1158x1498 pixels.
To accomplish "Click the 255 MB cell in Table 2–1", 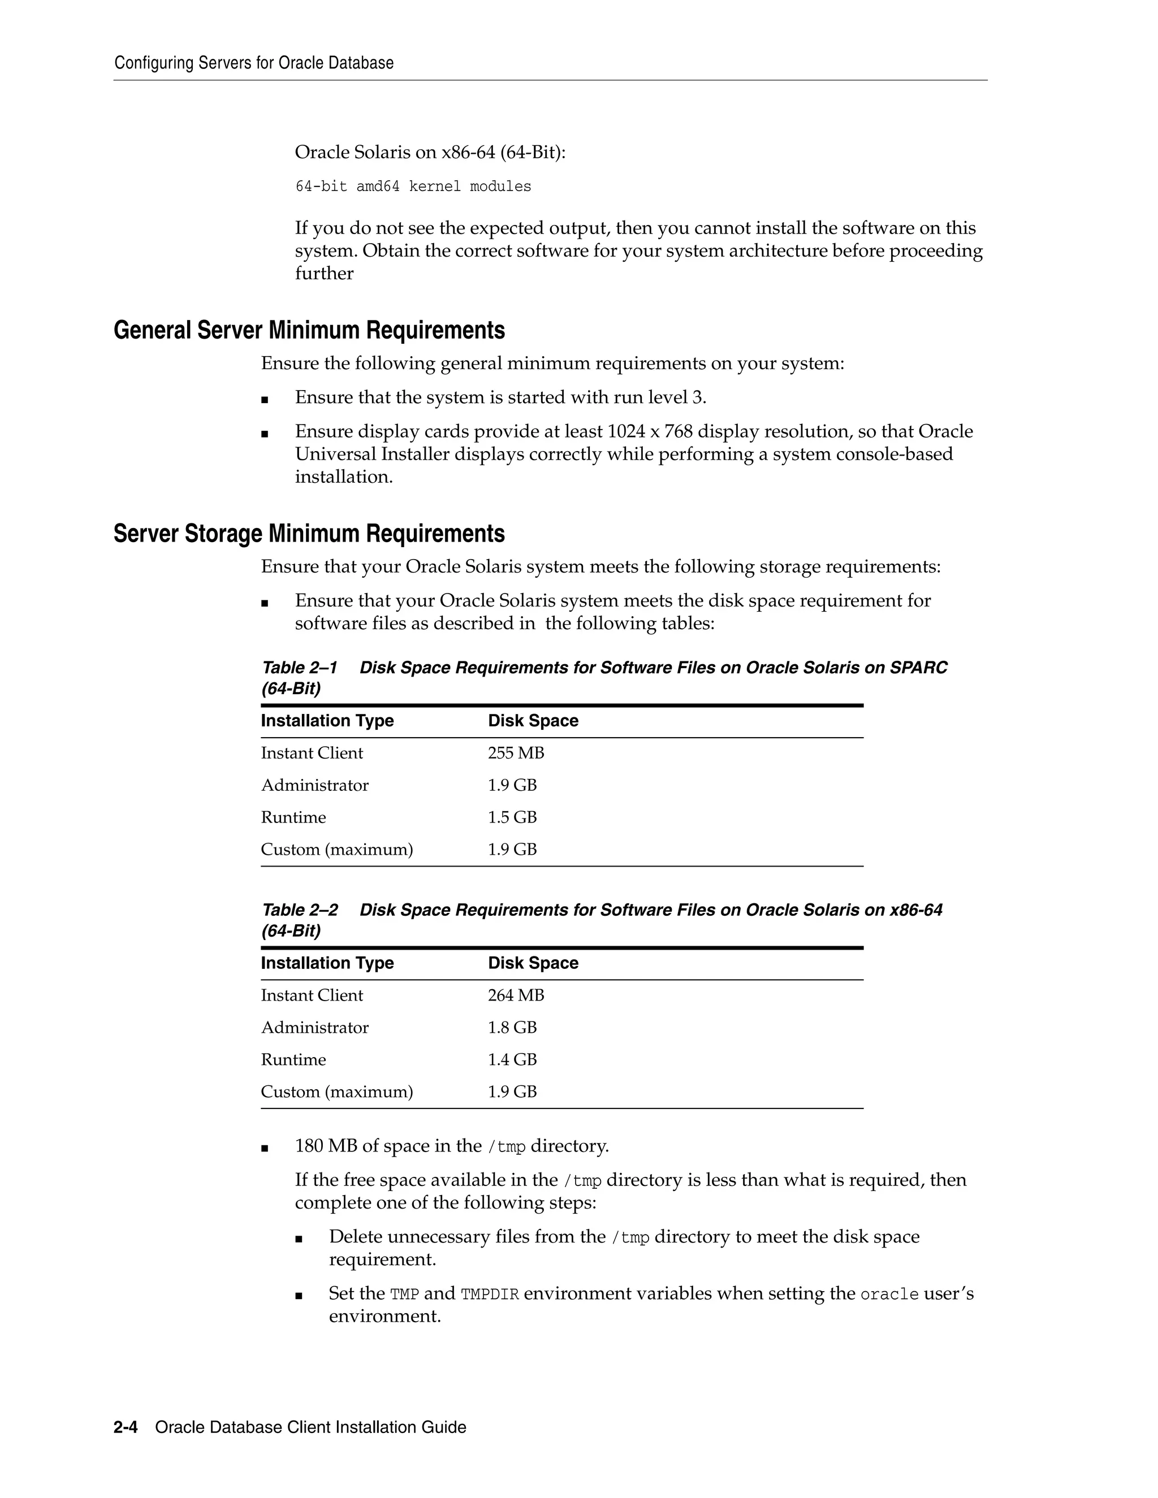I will (x=515, y=753).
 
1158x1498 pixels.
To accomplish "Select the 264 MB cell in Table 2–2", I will (x=515, y=995).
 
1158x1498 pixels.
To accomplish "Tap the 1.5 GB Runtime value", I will (x=512, y=817).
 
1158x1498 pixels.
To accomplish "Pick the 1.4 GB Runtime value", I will (x=512, y=1060).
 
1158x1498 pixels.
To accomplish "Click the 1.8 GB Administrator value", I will (x=512, y=1028).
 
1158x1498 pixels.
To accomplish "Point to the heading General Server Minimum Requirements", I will (x=309, y=331).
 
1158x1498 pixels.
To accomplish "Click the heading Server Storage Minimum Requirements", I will (x=309, y=534).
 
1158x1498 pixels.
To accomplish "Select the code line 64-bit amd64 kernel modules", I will (x=413, y=187).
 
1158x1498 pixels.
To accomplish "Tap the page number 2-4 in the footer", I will (x=126, y=1427).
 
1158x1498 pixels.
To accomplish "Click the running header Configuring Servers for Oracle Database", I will (x=254, y=63).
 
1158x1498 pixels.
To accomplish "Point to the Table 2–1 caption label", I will (x=300, y=668).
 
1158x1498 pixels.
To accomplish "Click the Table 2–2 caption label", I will (x=300, y=910).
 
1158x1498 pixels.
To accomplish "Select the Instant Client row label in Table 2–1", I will (x=312, y=753).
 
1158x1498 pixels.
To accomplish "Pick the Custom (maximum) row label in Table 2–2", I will (x=337, y=1092).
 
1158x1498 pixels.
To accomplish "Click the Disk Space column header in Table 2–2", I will (x=533, y=963).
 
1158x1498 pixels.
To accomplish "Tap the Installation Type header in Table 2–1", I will (x=327, y=721).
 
